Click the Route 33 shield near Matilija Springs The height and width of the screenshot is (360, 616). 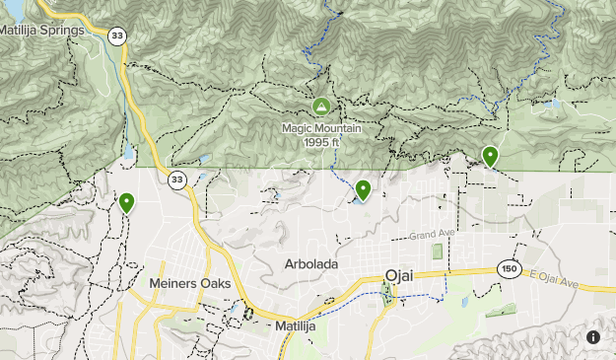pos(118,36)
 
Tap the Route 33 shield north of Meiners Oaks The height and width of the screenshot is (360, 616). pos(176,180)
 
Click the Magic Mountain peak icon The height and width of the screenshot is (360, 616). pos(320,106)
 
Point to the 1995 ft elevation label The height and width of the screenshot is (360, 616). pos(321,141)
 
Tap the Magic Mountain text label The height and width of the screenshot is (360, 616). pos(321,127)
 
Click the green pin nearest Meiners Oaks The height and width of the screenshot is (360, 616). pos(126,202)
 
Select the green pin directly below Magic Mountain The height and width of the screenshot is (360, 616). pos(363,188)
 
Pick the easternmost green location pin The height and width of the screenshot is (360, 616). pos(490,155)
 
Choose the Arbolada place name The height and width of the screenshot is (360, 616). pos(311,264)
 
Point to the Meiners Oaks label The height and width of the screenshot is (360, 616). pos(189,283)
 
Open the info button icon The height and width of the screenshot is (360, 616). pos(593,337)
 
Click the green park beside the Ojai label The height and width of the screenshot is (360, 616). pos(387,293)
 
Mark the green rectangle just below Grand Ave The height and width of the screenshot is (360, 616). pos(437,251)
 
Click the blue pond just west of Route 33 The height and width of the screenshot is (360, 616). pos(129,153)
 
